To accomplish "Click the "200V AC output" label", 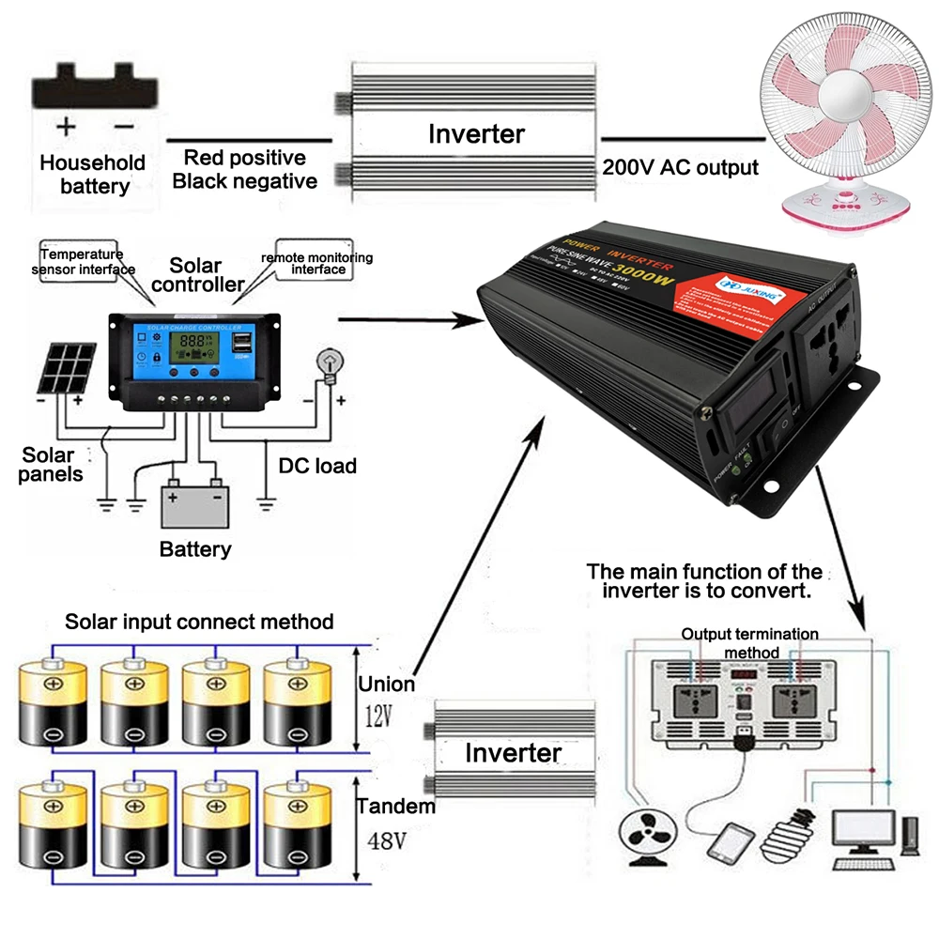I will point(680,168).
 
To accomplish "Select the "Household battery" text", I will point(93,175).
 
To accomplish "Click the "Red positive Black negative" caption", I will point(245,169).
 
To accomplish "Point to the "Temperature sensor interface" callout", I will point(82,261).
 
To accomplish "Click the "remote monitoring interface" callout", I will point(317,264).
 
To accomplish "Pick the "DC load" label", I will point(317,466).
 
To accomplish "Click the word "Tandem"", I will point(396,806).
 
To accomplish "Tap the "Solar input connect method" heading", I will point(199,622).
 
